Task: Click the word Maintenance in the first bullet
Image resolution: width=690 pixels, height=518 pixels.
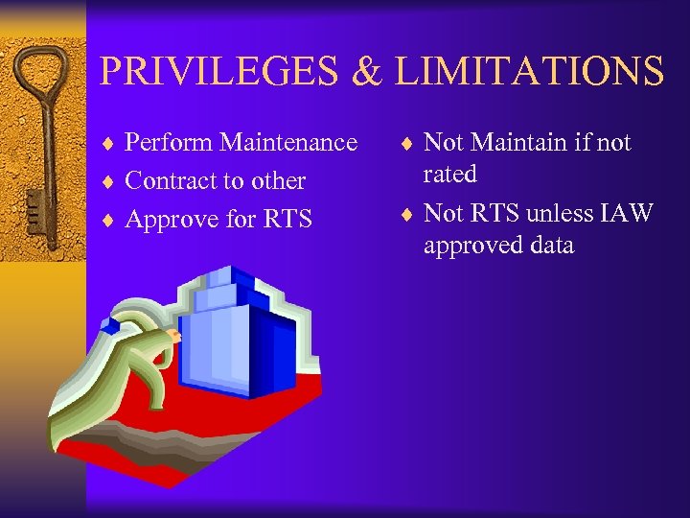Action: click(x=288, y=143)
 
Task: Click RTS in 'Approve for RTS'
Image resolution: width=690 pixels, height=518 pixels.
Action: click(x=287, y=220)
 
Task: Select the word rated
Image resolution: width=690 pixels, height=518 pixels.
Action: click(x=450, y=175)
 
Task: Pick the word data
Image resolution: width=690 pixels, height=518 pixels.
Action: click(x=549, y=246)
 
